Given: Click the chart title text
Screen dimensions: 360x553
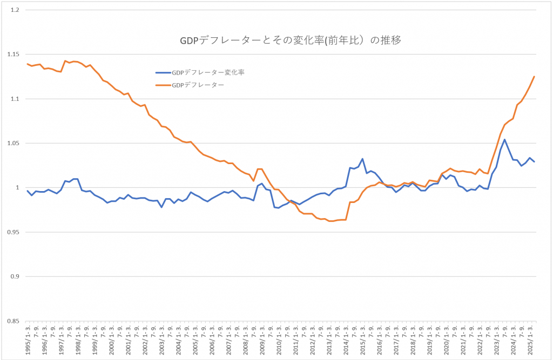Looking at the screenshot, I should pyautogui.click(x=290, y=40).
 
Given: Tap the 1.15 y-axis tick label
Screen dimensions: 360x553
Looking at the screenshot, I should pyautogui.click(x=14, y=55).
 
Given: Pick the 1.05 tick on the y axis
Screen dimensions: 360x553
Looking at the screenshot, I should pyautogui.click(x=14, y=144).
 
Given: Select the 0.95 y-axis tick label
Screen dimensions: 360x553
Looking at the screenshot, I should pyautogui.click(x=14, y=232).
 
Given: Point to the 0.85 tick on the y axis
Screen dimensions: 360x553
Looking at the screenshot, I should pyautogui.click(x=14, y=321).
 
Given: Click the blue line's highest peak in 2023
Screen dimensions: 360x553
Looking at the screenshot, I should pyautogui.click(x=504, y=140).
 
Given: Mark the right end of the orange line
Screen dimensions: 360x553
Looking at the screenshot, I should pyautogui.click(x=534, y=76).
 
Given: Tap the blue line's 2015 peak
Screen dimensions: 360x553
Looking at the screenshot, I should pyautogui.click(x=362, y=159).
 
